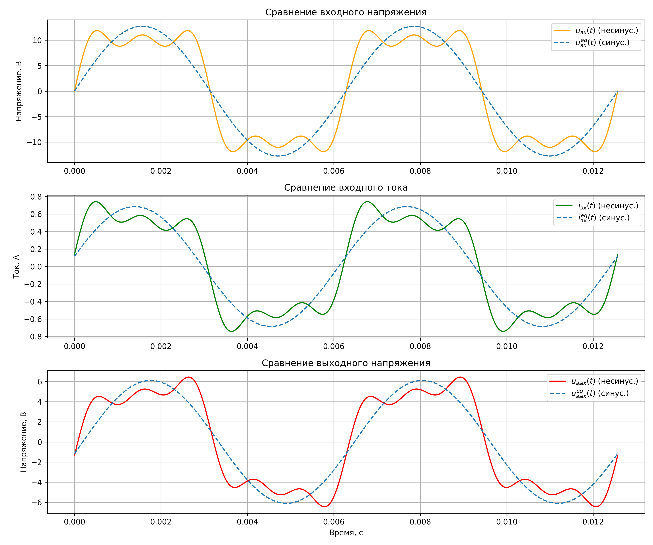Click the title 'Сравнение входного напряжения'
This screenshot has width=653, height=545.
[x=346, y=13]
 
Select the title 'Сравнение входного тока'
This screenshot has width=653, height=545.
[x=346, y=188]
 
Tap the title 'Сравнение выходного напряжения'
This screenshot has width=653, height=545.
[x=346, y=363]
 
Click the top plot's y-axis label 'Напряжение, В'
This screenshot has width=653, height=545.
[x=19, y=91]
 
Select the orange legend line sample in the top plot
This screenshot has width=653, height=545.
[x=562, y=31]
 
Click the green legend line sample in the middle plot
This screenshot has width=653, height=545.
[x=564, y=206]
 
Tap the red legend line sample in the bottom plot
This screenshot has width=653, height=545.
[x=557, y=381]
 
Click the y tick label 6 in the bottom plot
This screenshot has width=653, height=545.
[x=40, y=382]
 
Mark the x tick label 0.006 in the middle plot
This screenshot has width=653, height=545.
[x=334, y=346]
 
